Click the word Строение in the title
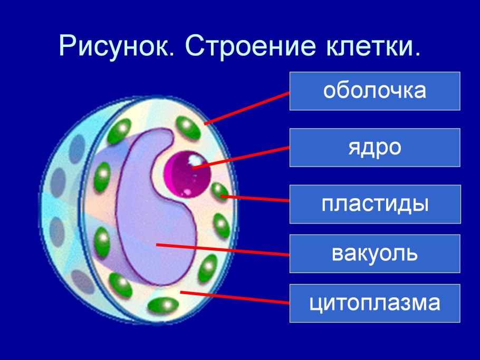pos(250,46)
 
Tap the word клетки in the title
pos(373,46)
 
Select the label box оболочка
pos(375,91)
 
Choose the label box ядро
pos(375,148)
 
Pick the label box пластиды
pos(375,204)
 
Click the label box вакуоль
pos(375,254)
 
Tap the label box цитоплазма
pos(375,303)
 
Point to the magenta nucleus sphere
pos(187,174)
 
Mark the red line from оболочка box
pos(247,108)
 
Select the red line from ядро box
pos(241,158)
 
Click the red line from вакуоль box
pos(223,250)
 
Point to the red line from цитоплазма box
pos(235,298)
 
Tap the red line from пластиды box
pos(255,198)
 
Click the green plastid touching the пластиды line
pos(219,191)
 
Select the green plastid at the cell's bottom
pos(163,305)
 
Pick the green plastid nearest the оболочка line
pos(188,128)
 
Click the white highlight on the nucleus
pos(194,160)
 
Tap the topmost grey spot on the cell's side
pos(77,149)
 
